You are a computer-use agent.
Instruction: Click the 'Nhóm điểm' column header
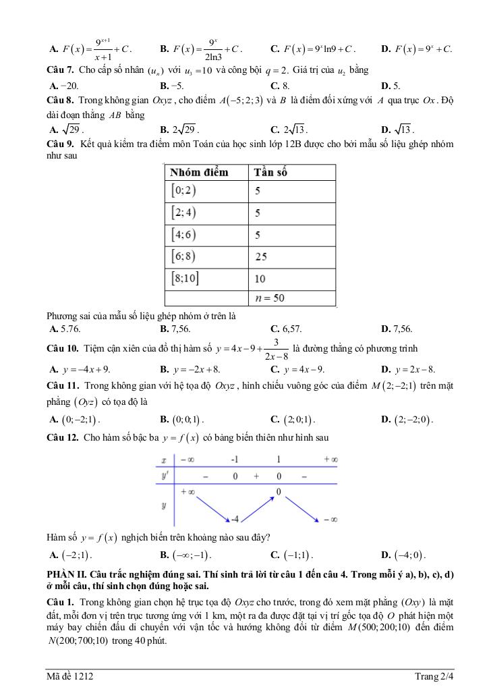199,172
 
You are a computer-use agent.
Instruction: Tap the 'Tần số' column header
270,172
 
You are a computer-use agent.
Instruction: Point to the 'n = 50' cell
270,298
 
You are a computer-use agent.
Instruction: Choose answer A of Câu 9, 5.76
65,329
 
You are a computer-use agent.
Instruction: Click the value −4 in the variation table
235,519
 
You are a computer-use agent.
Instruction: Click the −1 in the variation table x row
235,460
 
